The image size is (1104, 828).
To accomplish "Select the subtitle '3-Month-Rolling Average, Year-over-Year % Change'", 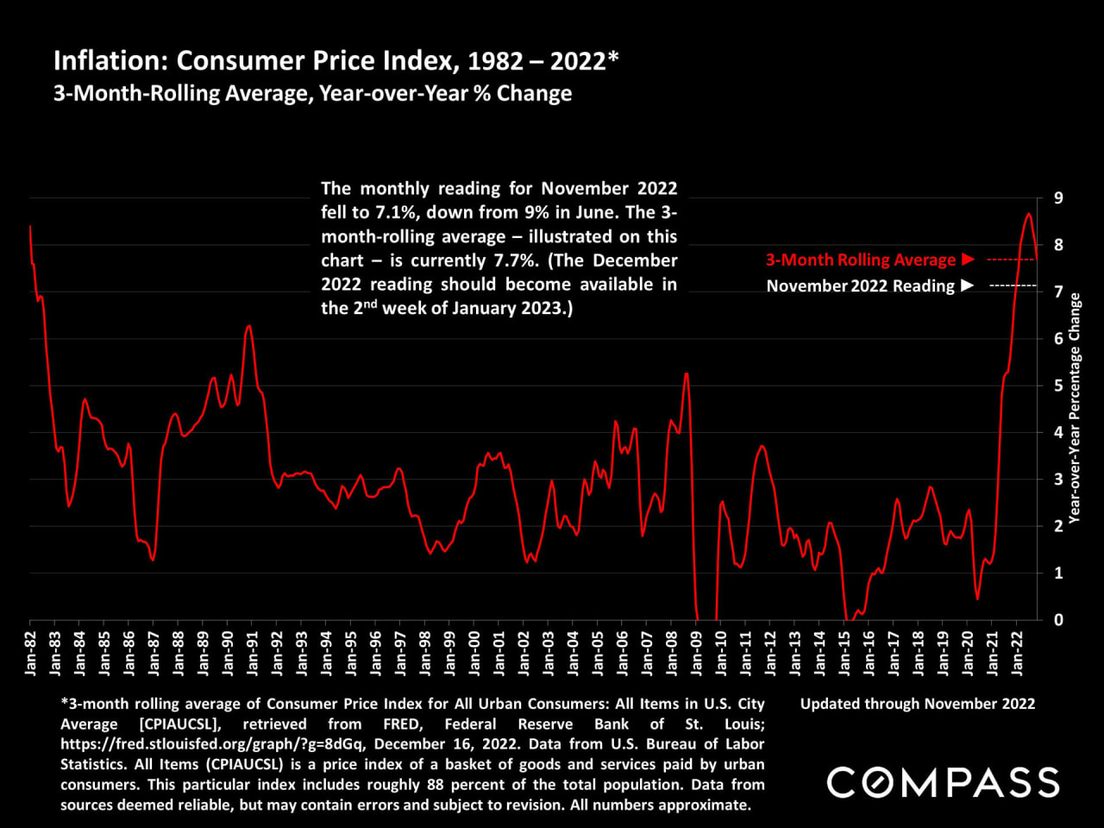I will click(x=312, y=93).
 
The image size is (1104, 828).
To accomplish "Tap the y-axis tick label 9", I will click(x=1058, y=198).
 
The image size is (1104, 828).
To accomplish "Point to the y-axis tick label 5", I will click(x=1058, y=386).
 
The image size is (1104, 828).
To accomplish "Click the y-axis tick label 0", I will click(x=1058, y=619).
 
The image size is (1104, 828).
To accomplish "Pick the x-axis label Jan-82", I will click(x=31, y=653).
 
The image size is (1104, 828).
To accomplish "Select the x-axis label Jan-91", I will click(x=253, y=653).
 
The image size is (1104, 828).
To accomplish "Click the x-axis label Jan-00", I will click(x=475, y=653).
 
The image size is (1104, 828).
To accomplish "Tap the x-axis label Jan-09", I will click(x=697, y=653).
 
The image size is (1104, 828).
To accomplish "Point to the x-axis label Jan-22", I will click(x=1018, y=653).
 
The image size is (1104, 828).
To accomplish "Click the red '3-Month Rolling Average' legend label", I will click(x=861, y=260).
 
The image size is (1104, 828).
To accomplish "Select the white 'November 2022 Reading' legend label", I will click(x=861, y=285).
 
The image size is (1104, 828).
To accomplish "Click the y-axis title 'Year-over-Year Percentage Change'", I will click(x=1075, y=408).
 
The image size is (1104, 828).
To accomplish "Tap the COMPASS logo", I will click(x=943, y=782).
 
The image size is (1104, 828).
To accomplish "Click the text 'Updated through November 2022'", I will click(x=918, y=704).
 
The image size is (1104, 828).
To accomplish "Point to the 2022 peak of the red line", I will click(x=1028, y=214).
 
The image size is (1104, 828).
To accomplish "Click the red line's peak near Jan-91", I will click(x=248, y=326).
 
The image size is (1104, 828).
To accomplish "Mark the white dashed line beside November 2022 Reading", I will click(x=1013, y=285).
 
